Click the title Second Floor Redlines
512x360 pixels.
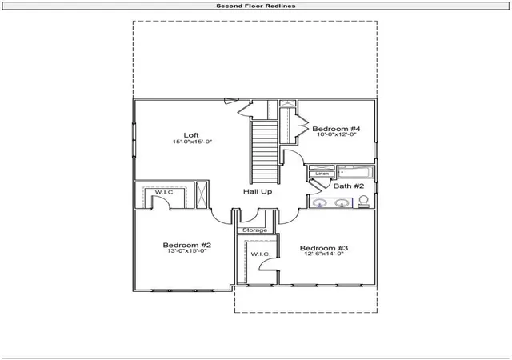click(256, 6)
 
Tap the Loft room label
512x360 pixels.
click(191, 135)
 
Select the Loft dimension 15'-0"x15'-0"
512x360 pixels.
click(192, 142)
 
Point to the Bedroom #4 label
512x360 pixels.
click(336, 129)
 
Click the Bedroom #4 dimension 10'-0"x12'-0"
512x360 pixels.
click(336, 134)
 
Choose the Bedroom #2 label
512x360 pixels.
click(187, 245)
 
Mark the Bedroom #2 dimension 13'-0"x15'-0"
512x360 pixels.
click(187, 251)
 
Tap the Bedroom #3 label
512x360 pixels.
click(324, 248)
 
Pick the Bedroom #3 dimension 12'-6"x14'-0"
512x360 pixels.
click(324, 254)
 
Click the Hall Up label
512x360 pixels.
click(258, 191)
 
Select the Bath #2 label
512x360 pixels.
click(349, 186)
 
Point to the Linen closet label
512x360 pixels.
click(322, 174)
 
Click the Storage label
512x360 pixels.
click(254, 230)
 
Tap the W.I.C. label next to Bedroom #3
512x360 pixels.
click(261, 254)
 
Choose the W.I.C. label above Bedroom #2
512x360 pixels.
click(165, 192)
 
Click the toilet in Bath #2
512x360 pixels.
click(363, 202)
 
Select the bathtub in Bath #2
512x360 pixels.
click(355, 172)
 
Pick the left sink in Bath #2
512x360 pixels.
click(320, 203)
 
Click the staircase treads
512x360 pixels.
click(264, 152)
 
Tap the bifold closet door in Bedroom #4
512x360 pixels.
click(302, 126)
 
